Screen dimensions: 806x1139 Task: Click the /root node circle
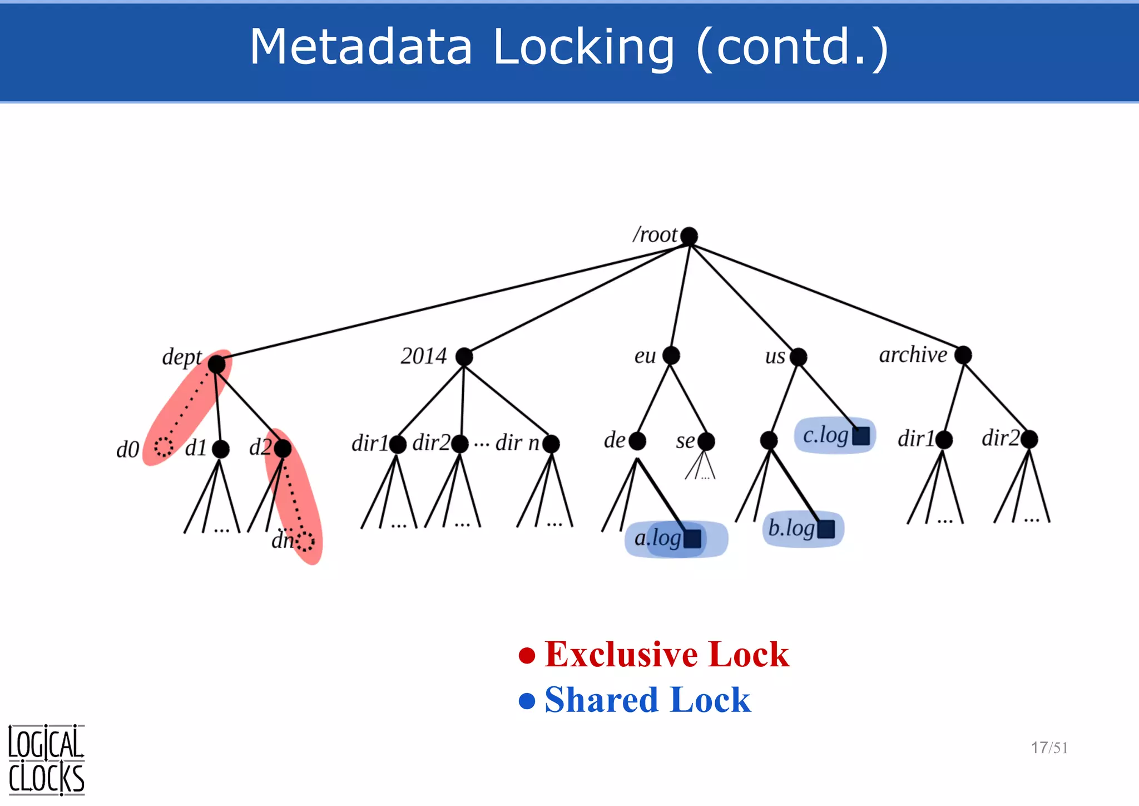689,236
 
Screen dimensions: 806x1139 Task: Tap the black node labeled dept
217,365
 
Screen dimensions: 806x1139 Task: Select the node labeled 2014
464,356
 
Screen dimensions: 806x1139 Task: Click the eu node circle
671,355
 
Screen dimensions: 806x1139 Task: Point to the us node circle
798,356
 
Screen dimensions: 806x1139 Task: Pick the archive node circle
963,355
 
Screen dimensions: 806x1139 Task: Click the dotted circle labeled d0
164,446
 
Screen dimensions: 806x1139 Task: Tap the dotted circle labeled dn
305,541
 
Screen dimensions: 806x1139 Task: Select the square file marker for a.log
692,539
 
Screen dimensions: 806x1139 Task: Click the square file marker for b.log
826,529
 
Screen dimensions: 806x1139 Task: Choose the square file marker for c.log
861,436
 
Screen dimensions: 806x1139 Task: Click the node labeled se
706,442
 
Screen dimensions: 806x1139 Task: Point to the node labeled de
637,441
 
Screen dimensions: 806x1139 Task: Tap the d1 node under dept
221,449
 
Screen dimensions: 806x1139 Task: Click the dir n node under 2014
551,444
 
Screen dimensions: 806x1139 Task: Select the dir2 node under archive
1029,439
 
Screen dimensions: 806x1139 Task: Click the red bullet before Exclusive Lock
527,655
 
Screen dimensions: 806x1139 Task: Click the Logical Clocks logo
46,760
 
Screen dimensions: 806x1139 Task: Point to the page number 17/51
1049,748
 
